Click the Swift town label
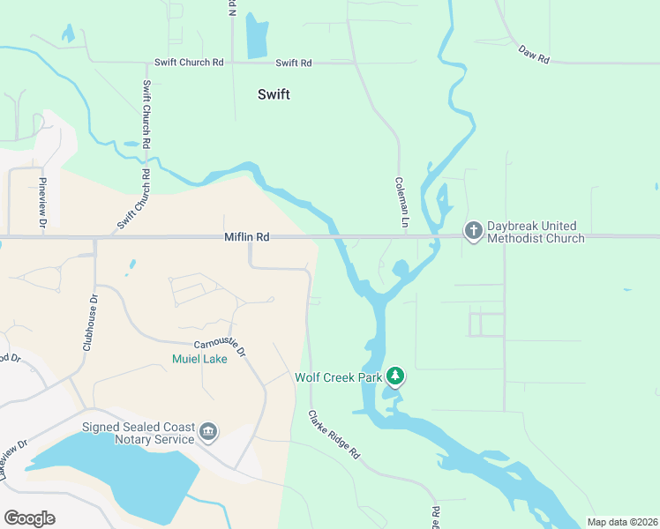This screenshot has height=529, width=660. point(274,94)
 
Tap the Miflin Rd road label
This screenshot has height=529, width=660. point(246,237)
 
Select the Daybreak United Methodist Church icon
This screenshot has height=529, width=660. point(474,231)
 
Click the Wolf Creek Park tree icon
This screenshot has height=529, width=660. point(396,376)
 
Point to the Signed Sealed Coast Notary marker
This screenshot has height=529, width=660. point(208,430)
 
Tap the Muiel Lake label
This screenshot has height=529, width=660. point(199,359)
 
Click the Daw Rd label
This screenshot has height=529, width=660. point(534,53)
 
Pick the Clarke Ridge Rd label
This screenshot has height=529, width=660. point(334,434)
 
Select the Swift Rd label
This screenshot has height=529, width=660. point(294,63)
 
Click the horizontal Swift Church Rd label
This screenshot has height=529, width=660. point(189,63)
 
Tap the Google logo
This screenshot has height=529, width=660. point(29,518)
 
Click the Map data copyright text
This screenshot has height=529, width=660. point(621,522)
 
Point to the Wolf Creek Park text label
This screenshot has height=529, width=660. point(338,378)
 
